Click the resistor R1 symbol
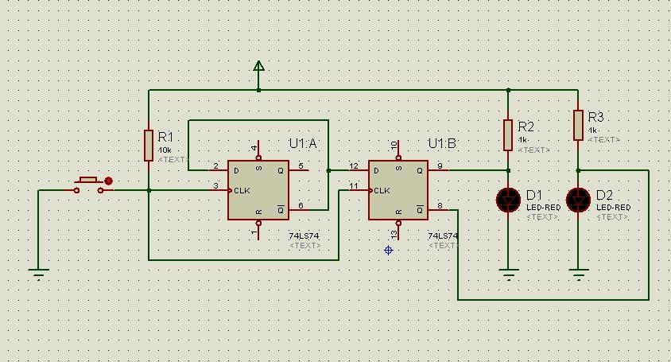click(x=149, y=146)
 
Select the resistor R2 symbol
click(x=508, y=134)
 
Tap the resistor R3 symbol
click(x=578, y=125)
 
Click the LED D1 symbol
click(x=508, y=200)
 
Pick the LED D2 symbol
click(x=578, y=200)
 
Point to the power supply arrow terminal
click(x=258, y=67)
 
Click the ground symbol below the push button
click(x=38, y=274)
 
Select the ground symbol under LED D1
click(x=508, y=274)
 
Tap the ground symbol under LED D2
click(x=578, y=274)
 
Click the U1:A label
click(x=302, y=143)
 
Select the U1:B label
click(x=443, y=143)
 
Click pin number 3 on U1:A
click(x=215, y=185)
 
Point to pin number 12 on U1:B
click(x=354, y=165)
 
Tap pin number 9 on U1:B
click(x=438, y=165)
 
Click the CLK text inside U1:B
click(x=382, y=190)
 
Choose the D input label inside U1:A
click(x=235, y=169)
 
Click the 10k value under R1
click(x=165, y=150)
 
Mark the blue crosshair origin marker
click(x=388, y=250)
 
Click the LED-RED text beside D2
click(x=612, y=208)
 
